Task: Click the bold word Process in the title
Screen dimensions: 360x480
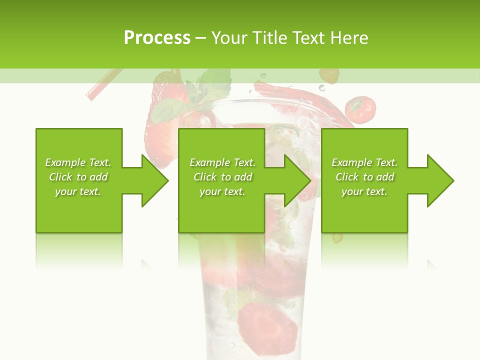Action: coord(157,38)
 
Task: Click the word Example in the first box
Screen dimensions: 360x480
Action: coord(65,162)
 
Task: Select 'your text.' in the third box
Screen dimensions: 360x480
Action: coord(364,191)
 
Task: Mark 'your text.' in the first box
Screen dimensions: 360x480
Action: coord(77,191)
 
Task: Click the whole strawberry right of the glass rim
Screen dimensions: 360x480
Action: coord(360,109)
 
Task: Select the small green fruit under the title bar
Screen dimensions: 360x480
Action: coord(329,75)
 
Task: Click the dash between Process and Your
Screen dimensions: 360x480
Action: coord(201,38)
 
